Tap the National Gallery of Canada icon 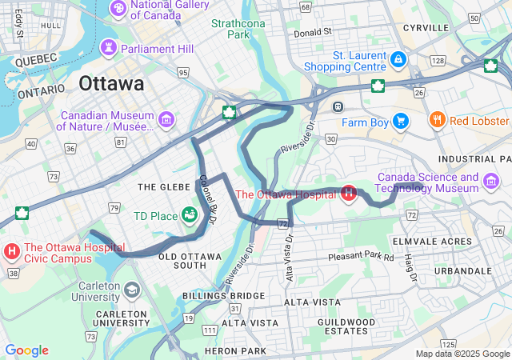pos(118,8)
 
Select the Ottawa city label pos(111,83)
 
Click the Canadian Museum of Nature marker pos(166,120)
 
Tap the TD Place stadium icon pos(190,214)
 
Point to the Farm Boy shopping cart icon pos(400,122)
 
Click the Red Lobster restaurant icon pos(437,121)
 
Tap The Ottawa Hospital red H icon pos(349,193)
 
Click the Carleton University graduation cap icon pos(130,287)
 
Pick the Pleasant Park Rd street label pos(361,258)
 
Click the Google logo pos(26,350)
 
